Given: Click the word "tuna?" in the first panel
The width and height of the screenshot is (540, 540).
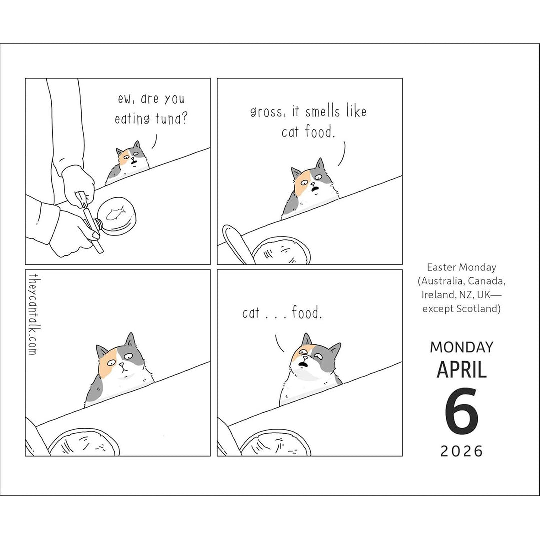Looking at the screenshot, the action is pyautogui.click(x=171, y=119).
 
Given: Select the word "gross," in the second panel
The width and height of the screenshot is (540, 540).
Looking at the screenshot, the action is pyautogui.click(x=268, y=112).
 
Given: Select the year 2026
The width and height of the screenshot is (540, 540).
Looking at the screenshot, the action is pyautogui.click(x=462, y=451).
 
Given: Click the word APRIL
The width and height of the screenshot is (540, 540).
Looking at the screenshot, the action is pyautogui.click(x=462, y=370).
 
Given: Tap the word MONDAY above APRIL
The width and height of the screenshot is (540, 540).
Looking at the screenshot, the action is pyautogui.click(x=462, y=347).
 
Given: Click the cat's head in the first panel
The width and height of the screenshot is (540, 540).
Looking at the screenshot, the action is pyautogui.click(x=133, y=156).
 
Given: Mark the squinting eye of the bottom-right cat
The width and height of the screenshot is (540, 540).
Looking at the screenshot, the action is pyautogui.click(x=301, y=351).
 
